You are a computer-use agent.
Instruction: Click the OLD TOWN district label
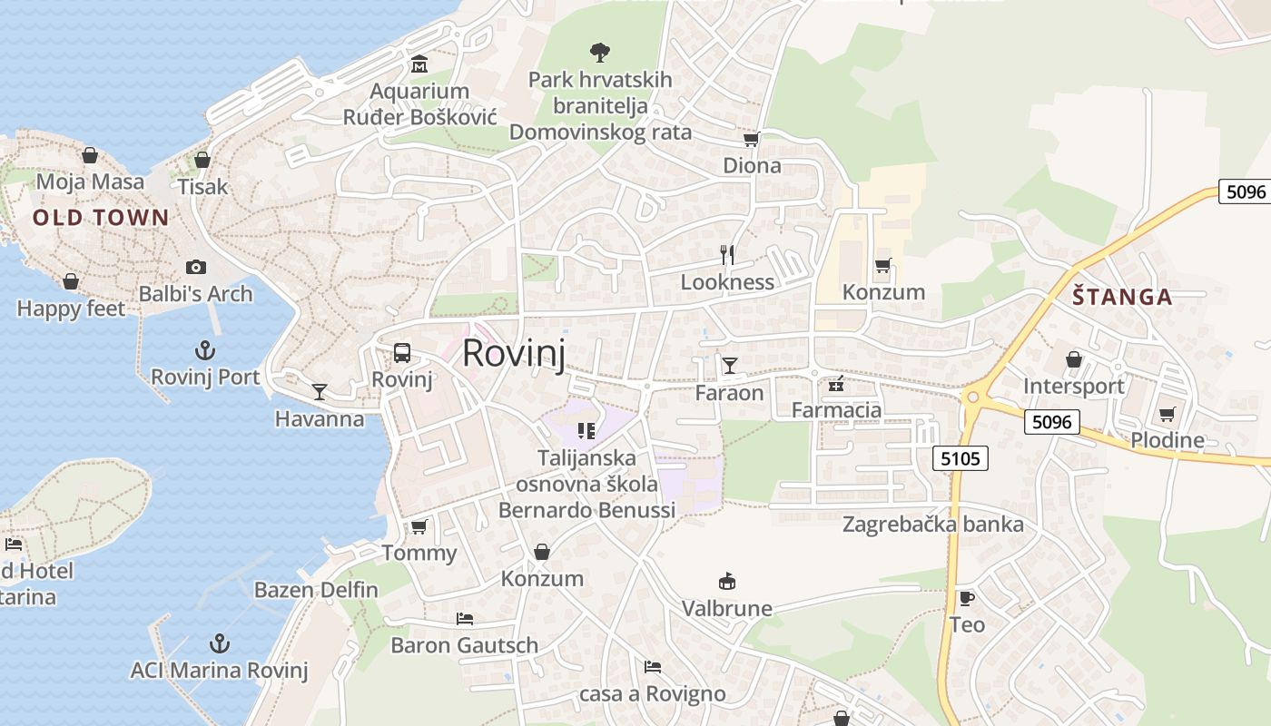101,217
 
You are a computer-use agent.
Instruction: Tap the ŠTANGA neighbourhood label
1122,297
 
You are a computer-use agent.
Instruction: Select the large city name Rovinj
514,353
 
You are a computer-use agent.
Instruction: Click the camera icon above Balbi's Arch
195,267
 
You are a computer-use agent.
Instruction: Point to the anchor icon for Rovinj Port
205,349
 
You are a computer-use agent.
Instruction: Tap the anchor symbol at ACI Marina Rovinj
219,643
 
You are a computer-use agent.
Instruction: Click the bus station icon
402,353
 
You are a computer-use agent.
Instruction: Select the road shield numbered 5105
961,458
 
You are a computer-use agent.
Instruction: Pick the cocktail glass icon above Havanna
320,391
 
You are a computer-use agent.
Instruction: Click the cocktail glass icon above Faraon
729,365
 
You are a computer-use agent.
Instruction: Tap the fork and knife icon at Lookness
727,254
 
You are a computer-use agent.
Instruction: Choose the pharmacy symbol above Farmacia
835,385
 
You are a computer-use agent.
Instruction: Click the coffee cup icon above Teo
967,597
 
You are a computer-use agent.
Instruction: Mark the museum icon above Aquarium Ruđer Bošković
419,64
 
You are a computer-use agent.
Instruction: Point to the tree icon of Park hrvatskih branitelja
599,52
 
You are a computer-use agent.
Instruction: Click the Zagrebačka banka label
932,525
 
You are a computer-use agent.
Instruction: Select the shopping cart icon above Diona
752,139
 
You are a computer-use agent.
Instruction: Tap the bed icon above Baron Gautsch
464,619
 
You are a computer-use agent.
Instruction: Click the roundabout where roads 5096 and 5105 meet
973,397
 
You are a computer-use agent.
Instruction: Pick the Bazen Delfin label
316,590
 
